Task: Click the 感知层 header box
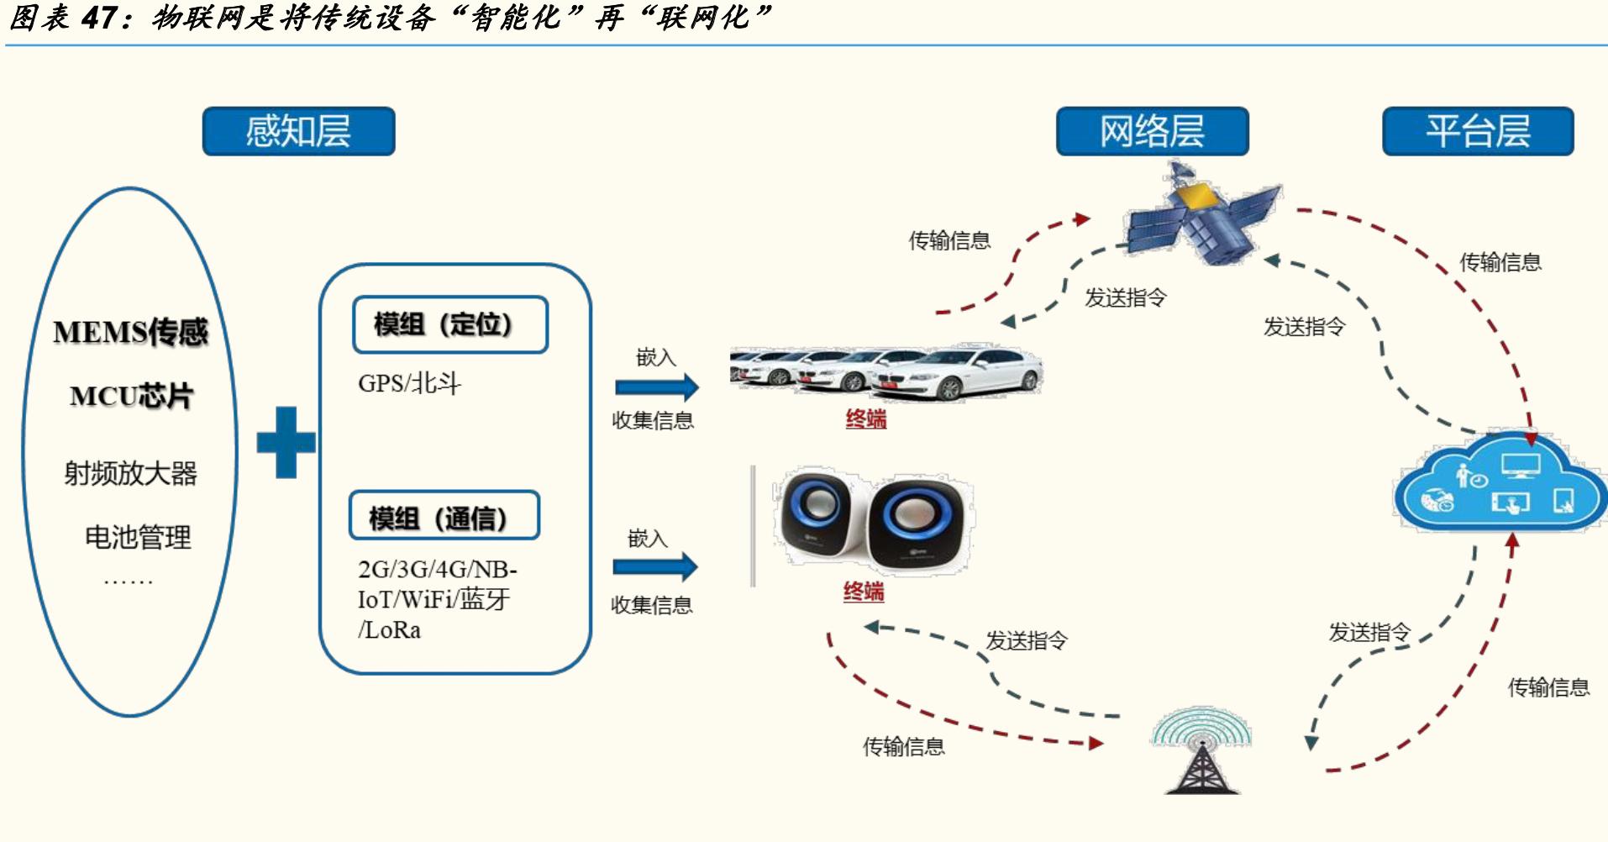(298, 131)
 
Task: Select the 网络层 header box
(1152, 131)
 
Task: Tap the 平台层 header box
(1478, 131)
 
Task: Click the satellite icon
(1201, 214)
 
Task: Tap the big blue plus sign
(286, 442)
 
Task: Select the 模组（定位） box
(449, 324)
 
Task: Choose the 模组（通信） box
(444, 516)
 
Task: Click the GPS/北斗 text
(409, 384)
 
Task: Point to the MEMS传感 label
(130, 332)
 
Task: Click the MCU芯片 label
(131, 396)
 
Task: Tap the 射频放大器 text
(130, 473)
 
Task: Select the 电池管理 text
(138, 537)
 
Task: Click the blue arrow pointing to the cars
(656, 387)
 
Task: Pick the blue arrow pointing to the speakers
(654, 567)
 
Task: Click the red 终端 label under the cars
(866, 418)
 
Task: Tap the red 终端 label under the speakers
(864, 592)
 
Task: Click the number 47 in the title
(97, 18)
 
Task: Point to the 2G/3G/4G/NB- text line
(437, 570)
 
